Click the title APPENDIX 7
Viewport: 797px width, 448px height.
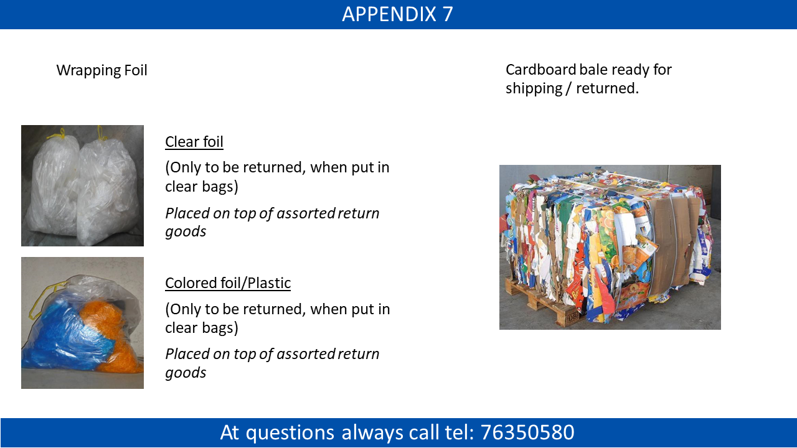397,14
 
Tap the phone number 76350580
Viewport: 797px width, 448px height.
527,432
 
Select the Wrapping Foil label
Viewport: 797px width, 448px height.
101,70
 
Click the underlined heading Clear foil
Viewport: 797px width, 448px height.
194,141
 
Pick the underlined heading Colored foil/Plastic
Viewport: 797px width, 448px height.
228,283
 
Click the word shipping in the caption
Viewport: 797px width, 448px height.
534,88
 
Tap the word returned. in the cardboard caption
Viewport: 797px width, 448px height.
607,88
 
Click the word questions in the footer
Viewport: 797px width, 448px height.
290,433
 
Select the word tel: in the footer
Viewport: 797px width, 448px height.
460,432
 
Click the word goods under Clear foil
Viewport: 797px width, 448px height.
186,232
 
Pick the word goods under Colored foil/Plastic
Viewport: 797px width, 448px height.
186,373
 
